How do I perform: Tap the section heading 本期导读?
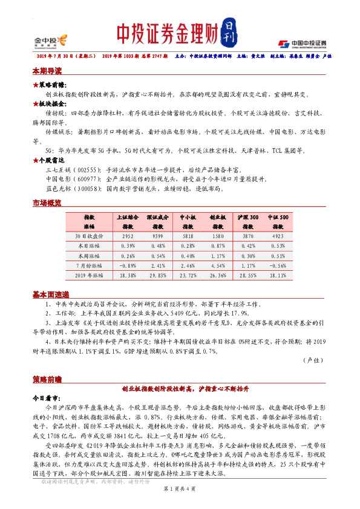(46, 71)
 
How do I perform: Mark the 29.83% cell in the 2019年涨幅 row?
(157, 276)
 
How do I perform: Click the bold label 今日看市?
(46, 400)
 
